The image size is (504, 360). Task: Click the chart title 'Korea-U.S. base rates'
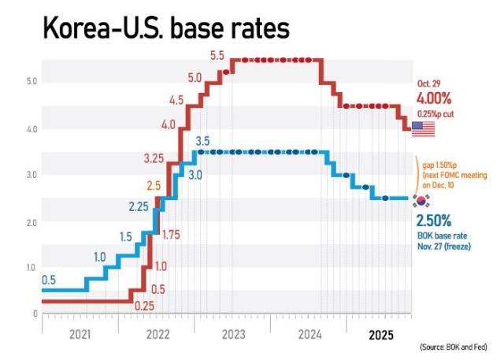point(166,29)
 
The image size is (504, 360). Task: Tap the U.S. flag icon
point(424,128)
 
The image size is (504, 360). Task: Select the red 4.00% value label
point(435,99)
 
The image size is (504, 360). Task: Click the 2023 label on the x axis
point(233,335)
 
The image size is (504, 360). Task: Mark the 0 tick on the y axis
point(35,314)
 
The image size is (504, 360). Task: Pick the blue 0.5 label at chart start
point(50,280)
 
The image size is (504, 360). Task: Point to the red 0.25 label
point(144,306)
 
